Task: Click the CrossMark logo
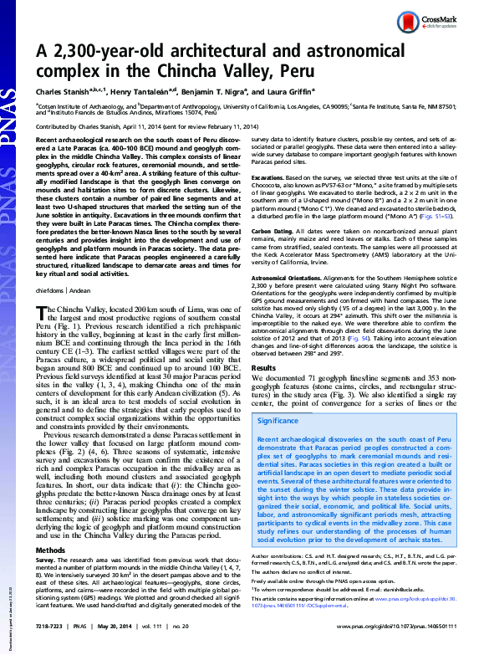448,22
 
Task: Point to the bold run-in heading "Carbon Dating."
278,229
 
